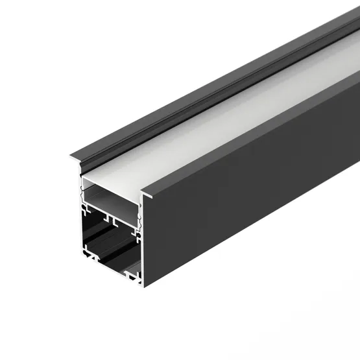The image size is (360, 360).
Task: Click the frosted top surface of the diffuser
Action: pos(214,117)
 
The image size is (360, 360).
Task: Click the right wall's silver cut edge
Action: pos(141,253)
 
